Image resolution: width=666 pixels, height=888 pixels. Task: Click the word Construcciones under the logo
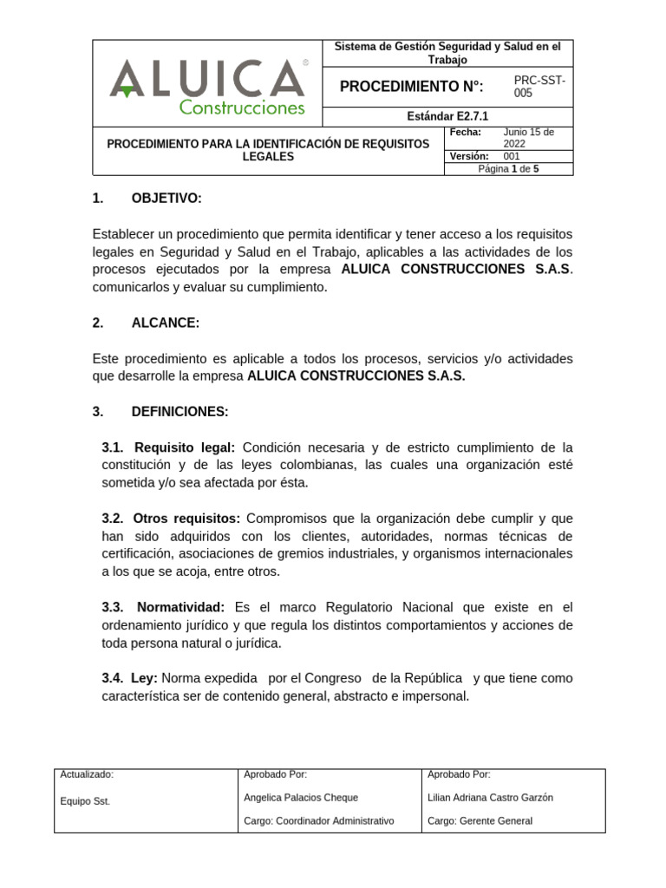(242, 108)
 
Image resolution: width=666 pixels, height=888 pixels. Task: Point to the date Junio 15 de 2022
(528, 138)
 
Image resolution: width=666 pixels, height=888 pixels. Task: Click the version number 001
(513, 156)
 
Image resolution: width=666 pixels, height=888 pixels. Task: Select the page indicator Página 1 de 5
(508, 169)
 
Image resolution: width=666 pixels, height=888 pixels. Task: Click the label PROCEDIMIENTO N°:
(411, 87)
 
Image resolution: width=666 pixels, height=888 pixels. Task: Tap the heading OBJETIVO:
(166, 199)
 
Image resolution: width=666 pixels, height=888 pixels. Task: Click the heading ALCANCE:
(165, 323)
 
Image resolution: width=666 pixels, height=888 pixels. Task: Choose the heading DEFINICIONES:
(180, 412)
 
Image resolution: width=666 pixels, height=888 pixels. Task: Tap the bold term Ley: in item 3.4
(144, 678)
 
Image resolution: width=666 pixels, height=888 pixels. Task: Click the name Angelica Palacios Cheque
(301, 798)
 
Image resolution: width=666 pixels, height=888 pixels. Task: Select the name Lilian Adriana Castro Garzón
(490, 798)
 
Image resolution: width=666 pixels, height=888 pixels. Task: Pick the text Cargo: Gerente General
(480, 820)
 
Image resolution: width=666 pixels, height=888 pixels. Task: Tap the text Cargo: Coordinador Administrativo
(319, 820)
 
